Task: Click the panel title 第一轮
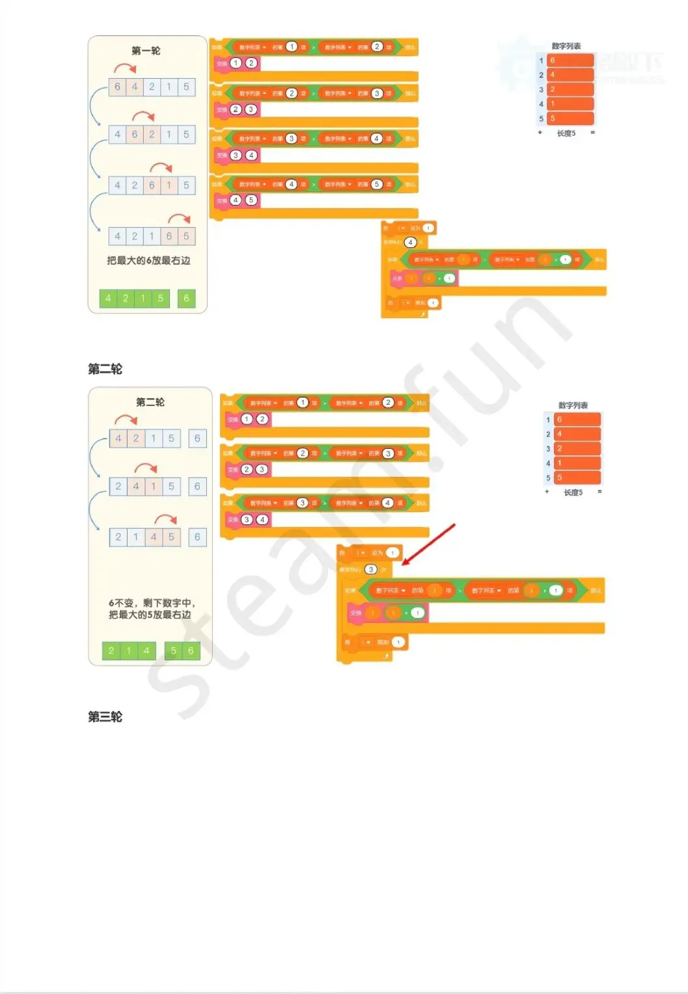[146, 51]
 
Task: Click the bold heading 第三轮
[105, 716]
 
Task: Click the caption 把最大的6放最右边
[148, 260]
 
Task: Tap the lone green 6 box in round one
[186, 298]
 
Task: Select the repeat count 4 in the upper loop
[410, 242]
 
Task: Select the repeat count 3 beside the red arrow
[370, 569]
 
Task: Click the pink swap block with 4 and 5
[237, 200]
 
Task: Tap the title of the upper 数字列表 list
[566, 46]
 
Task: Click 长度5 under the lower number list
[573, 492]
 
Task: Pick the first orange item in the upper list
[570, 60]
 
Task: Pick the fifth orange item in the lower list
[577, 477]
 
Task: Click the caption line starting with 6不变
[151, 603]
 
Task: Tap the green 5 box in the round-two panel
[173, 651]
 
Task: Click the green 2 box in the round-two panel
[111, 651]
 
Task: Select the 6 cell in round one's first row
[117, 87]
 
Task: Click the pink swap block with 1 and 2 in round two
[248, 420]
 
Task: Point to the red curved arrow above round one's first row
[125, 68]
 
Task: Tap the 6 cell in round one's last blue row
[169, 236]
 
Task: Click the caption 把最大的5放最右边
[150, 615]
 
